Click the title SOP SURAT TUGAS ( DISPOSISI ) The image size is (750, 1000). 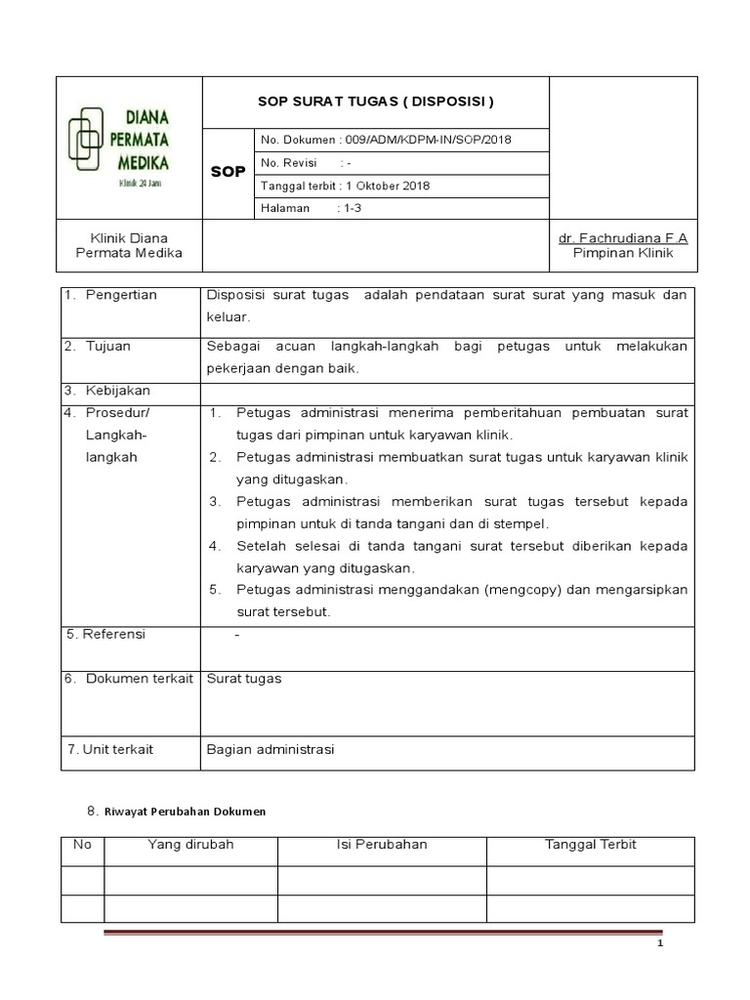[x=375, y=102]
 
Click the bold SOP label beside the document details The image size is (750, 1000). [x=228, y=172]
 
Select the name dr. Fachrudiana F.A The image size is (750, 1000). [x=623, y=238]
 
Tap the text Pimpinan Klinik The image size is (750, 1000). [x=623, y=253]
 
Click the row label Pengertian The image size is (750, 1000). [x=120, y=295]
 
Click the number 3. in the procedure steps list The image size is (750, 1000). [x=216, y=501]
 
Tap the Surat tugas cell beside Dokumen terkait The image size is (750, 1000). [x=244, y=679]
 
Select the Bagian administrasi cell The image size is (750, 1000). [x=271, y=749]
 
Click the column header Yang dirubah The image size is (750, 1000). [x=190, y=844]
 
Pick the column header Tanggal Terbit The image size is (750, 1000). [x=590, y=844]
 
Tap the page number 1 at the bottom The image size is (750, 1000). [x=659, y=945]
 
